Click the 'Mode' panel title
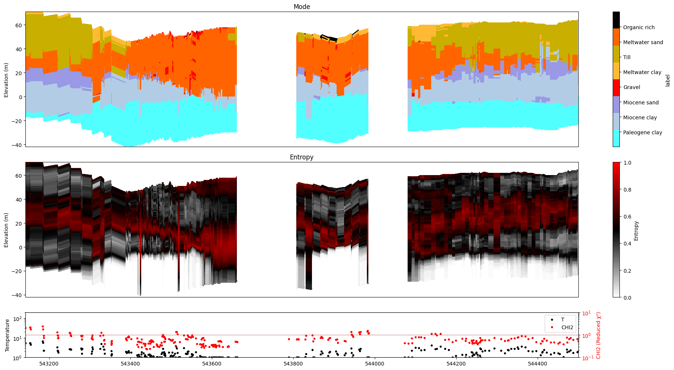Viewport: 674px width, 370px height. pos(302,7)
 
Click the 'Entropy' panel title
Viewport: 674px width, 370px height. pos(302,157)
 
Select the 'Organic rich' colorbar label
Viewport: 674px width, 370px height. pos(639,27)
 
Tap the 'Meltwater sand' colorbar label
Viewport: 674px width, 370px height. pos(643,42)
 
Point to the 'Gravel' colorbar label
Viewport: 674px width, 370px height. pos(631,87)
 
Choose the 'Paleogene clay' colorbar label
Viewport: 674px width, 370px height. pos(642,132)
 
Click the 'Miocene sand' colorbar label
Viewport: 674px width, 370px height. pos(641,103)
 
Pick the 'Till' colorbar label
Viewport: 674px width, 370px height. pos(627,57)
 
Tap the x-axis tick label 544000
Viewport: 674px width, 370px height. pos(374,364)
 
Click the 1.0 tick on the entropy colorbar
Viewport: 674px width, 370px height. pos(627,163)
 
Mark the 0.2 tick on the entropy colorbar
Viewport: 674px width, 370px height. pos(627,271)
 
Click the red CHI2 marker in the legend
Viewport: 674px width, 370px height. pos(552,327)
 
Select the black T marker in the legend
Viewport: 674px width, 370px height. pos(552,319)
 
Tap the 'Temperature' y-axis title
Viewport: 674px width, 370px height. pos(7,335)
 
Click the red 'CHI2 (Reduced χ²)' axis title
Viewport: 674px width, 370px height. pos(599,335)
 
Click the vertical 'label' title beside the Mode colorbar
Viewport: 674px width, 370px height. pos(668,80)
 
